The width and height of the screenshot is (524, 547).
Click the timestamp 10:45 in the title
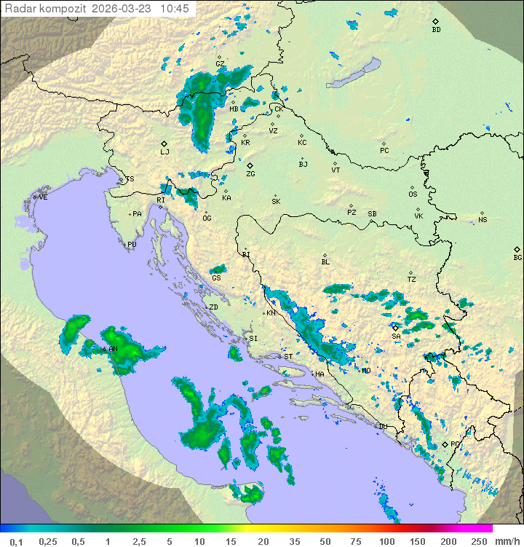pos(175,9)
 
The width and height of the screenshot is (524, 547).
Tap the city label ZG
pos(250,174)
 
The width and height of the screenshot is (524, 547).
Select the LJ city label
pos(164,151)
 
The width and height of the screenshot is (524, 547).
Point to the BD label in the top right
pos(436,30)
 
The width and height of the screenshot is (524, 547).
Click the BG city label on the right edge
pos(517,257)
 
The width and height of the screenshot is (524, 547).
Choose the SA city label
pos(396,336)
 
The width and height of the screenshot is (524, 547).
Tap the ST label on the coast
pos(288,357)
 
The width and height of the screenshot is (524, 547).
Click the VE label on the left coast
pos(43,197)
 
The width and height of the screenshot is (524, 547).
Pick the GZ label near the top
pos(220,64)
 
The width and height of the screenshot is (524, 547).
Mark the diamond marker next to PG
pos(445,444)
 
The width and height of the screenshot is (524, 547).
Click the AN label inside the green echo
pos(113,350)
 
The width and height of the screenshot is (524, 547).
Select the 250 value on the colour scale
pos(478,541)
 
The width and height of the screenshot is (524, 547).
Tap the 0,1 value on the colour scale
pos(16,541)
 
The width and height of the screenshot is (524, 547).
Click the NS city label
pos(483,220)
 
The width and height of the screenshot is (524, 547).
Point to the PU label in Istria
pos(132,245)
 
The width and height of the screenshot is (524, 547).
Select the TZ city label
pos(412,279)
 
